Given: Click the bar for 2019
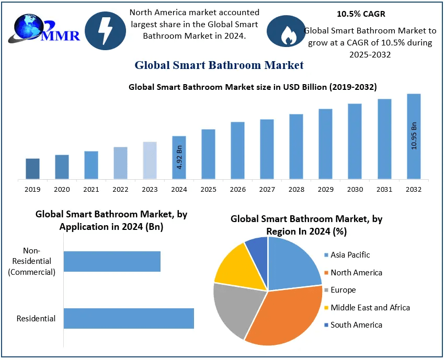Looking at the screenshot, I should [x=32, y=169].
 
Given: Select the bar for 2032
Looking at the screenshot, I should [x=414, y=137].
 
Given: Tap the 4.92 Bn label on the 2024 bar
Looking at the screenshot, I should [x=179, y=157].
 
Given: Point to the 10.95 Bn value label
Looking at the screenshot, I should [x=414, y=136].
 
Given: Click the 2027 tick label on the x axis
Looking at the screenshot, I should [x=267, y=189].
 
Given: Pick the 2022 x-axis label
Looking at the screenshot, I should [x=120, y=189].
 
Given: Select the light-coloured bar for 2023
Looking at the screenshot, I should [x=150, y=160].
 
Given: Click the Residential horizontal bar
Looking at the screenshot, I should [x=129, y=318].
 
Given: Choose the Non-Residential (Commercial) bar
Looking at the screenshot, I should [x=112, y=261].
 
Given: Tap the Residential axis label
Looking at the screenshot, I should [x=36, y=318].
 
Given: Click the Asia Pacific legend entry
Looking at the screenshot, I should [x=350, y=255].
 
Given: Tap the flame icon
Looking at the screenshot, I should [x=286, y=32].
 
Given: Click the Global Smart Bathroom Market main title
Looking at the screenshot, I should [x=219, y=65].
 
